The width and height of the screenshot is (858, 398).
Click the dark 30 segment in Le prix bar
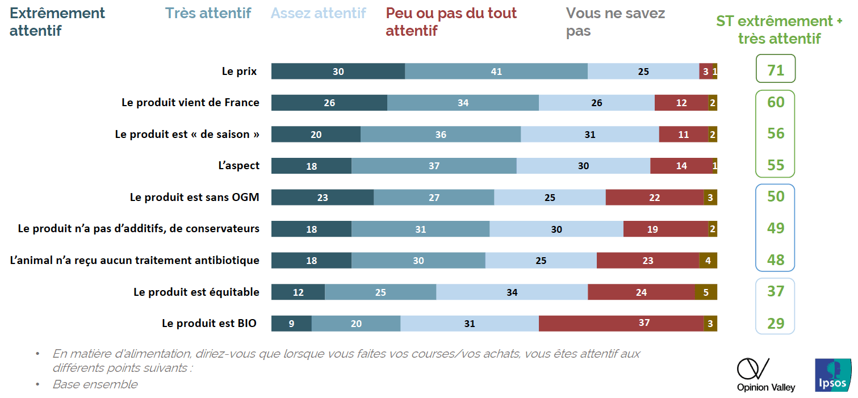pos(338,72)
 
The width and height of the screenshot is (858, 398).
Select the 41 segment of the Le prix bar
pos(496,72)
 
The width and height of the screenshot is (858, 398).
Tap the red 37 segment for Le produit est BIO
pos(621,323)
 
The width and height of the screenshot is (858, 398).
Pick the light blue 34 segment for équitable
pos(512,292)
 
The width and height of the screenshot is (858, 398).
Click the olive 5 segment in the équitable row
pos(706,292)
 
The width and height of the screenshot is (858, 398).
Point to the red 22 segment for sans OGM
pos(654,197)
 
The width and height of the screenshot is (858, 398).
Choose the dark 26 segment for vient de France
pos(329,103)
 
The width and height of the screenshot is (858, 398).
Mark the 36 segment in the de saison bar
pos(440,135)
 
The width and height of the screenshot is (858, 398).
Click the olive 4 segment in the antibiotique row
pos(708,261)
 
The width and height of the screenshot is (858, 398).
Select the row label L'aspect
pos(238,166)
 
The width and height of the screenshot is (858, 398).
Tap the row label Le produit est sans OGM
pos(194,198)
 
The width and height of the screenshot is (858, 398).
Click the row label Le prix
pos(239,72)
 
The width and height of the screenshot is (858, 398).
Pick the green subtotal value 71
pos(775,70)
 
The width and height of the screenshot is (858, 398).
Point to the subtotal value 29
pos(775,323)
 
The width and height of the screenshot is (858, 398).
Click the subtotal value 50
pos(775,196)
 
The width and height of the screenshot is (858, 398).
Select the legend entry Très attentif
pos(208,14)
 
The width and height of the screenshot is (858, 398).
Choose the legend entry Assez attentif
pos(318,14)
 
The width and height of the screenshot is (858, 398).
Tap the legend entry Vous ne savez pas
pos(615,22)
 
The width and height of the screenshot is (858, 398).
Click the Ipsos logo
pos(833,375)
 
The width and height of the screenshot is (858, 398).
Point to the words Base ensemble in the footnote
pos(95,384)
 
